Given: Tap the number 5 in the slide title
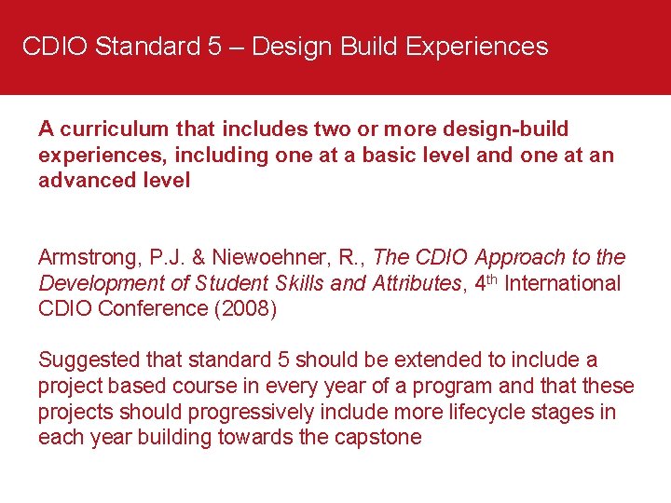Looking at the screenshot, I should [x=215, y=47].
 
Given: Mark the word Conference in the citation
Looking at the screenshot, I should [x=153, y=309].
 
